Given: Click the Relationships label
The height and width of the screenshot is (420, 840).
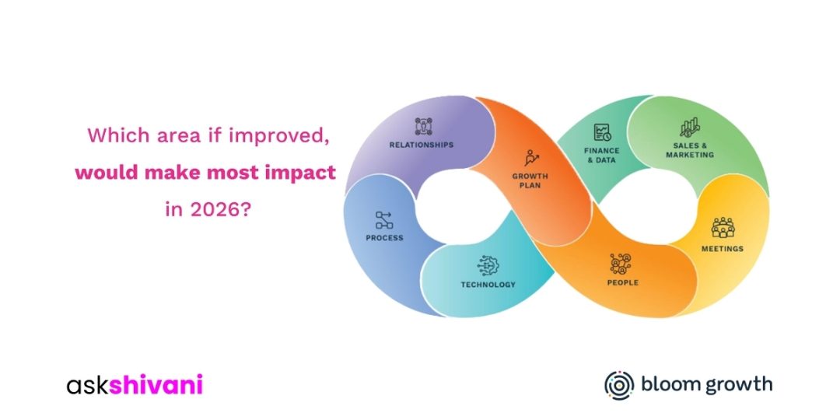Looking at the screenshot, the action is point(421,145).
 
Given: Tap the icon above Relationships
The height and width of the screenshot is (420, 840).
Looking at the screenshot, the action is point(423,127).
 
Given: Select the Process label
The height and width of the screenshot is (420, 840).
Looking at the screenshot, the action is point(385,238).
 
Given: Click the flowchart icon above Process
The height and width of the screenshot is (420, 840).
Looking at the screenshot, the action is point(384,220).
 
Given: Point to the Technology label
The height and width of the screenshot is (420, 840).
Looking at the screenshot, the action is point(488,285).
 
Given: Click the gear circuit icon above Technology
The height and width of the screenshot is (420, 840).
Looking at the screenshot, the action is point(488,266).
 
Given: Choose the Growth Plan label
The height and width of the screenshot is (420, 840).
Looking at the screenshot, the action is point(530,180).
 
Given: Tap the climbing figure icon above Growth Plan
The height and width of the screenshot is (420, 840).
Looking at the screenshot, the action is point(531,158).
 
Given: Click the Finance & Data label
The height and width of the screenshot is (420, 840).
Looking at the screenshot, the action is point(601,156).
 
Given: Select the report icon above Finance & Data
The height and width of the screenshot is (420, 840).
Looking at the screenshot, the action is point(602,132).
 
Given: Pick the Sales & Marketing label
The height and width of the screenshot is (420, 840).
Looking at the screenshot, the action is point(690,150).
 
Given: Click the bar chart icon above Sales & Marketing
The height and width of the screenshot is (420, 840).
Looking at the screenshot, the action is point(689,128).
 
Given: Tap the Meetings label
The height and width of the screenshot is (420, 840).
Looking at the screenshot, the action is point(723,249).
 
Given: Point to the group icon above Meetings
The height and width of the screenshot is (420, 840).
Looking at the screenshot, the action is point(723,228).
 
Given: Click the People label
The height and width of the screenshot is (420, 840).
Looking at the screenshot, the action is point(622,282).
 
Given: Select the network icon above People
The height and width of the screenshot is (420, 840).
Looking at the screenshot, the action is point(621,264).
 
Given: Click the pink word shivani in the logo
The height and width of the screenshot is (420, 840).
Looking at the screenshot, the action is point(156,385).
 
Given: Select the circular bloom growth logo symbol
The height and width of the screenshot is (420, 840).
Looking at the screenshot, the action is point(619,385).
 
